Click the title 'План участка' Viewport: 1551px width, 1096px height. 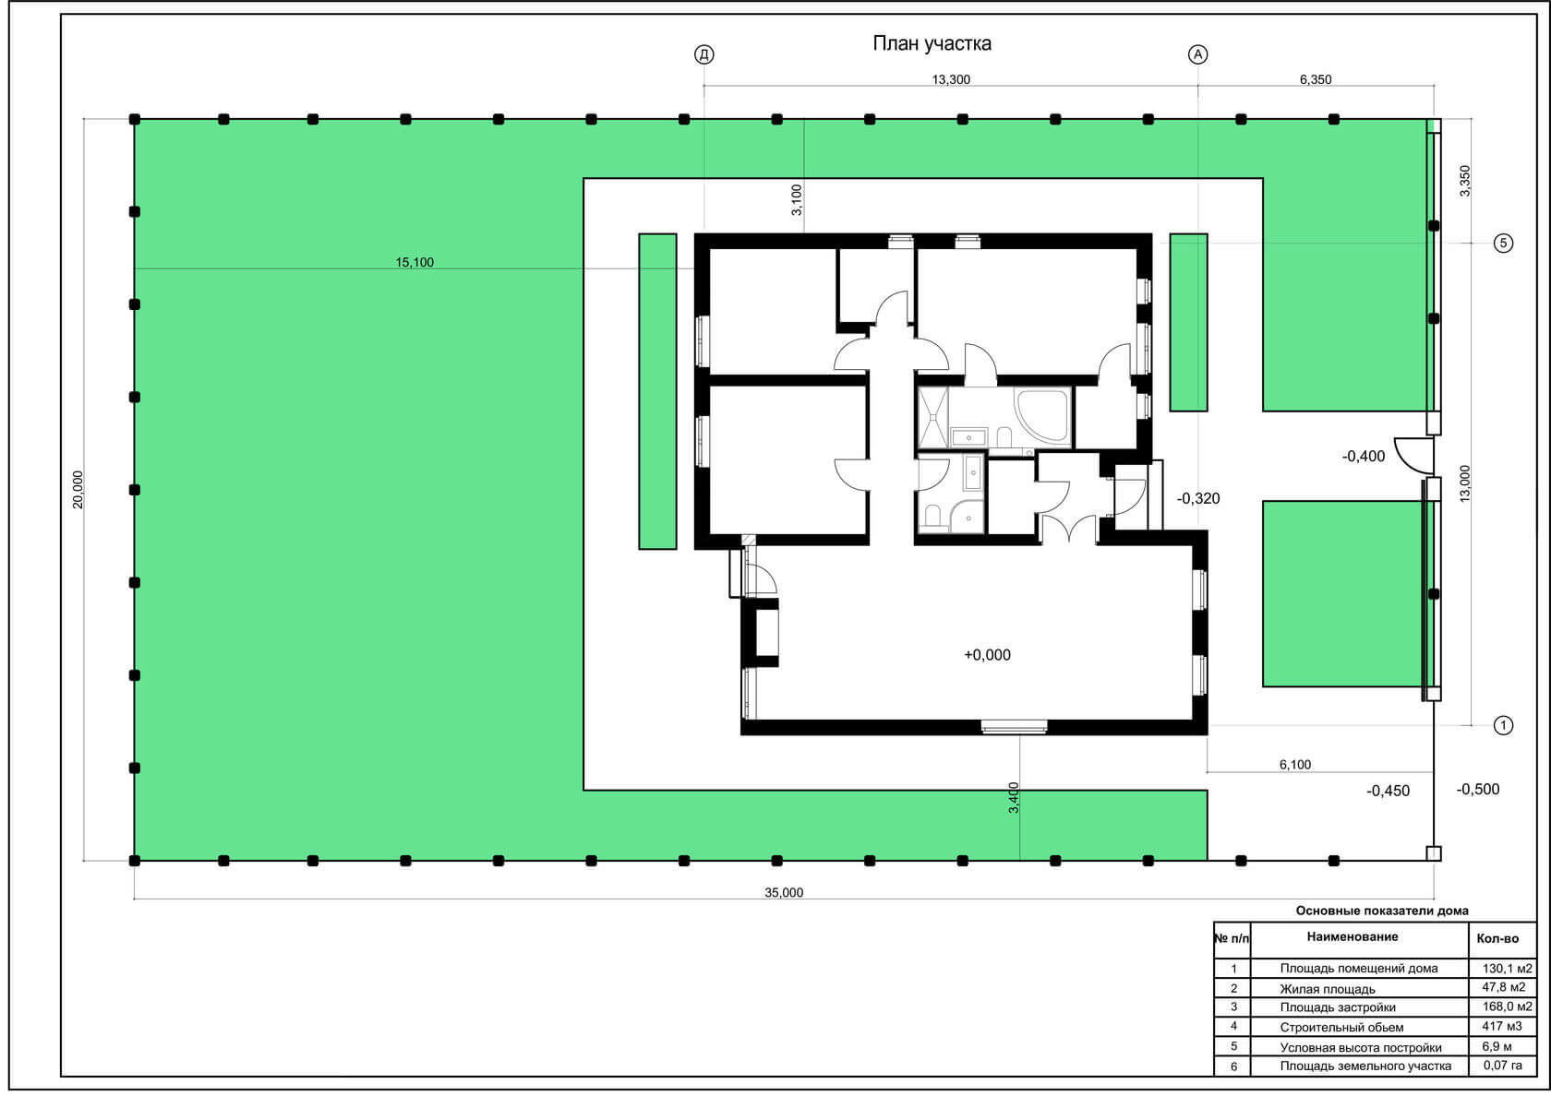(x=932, y=43)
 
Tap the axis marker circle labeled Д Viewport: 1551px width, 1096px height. (x=704, y=54)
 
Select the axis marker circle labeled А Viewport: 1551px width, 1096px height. (x=1198, y=54)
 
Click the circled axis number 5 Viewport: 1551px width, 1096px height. (x=1503, y=243)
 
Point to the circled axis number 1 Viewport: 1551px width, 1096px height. (x=1503, y=725)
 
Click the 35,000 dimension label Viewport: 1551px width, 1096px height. (x=784, y=893)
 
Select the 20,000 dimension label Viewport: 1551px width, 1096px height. (x=78, y=490)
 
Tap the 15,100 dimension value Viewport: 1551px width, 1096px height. (x=414, y=262)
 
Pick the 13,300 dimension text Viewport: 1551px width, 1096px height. (x=951, y=79)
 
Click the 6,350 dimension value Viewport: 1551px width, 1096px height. (x=1315, y=79)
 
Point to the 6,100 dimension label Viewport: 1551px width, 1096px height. (x=1294, y=765)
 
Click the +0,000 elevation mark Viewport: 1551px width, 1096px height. (x=988, y=655)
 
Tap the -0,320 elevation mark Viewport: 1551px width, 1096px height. (x=1198, y=498)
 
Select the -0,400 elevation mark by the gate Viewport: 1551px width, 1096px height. (x=1364, y=456)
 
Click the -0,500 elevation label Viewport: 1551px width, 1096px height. (x=1477, y=789)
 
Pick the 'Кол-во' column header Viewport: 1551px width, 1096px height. (x=1497, y=938)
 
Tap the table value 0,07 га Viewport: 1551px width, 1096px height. (x=1503, y=1065)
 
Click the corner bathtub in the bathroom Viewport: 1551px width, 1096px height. (x=1041, y=414)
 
